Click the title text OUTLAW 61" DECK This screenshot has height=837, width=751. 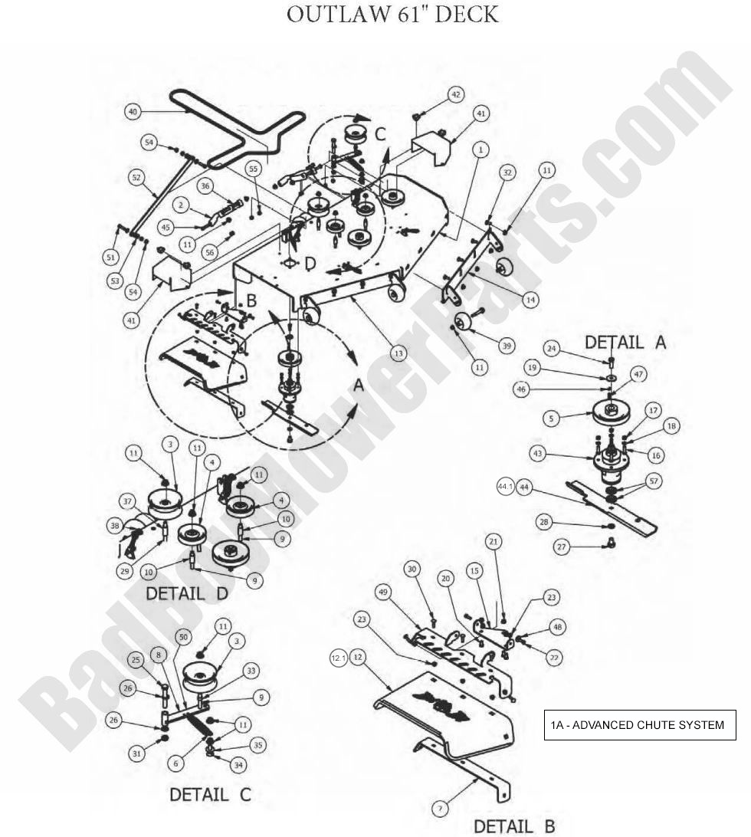(x=392, y=15)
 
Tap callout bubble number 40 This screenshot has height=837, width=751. (x=133, y=112)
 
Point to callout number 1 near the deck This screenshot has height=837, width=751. (x=479, y=150)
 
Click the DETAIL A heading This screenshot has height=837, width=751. (x=626, y=343)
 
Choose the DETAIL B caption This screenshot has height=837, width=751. (x=513, y=826)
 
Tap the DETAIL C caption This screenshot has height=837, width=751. (x=210, y=795)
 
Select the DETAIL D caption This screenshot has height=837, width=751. (x=186, y=592)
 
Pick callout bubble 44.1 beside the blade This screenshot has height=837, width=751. (x=504, y=486)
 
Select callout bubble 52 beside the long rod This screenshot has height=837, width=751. (x=137, y=178)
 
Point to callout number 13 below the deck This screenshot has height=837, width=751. (x=398, y=353)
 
